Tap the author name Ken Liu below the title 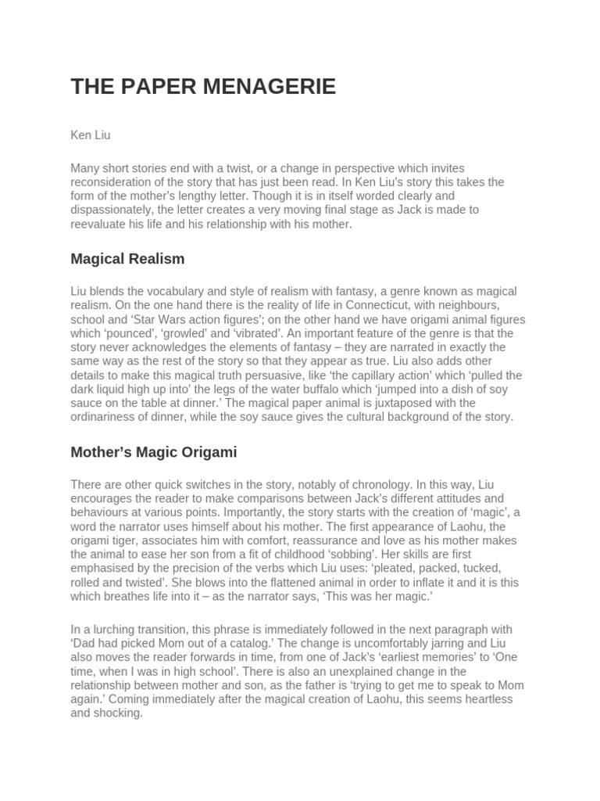[x=91, y=135]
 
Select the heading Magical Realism [x=127, y=258]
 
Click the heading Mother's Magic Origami [x=154, y=452]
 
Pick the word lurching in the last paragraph [x=118, y=630]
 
